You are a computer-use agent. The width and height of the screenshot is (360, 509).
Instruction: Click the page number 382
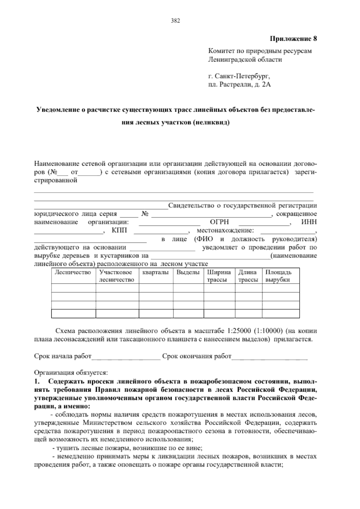(175, 21)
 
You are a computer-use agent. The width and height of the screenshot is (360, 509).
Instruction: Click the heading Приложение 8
(293, 39)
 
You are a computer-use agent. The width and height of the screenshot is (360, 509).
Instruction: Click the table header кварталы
(156, 273)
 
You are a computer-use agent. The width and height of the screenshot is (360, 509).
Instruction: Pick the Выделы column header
(188, 273)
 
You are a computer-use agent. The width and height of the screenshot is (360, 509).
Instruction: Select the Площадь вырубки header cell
(279, 276)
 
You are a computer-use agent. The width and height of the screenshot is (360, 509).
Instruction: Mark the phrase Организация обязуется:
(71, 373)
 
